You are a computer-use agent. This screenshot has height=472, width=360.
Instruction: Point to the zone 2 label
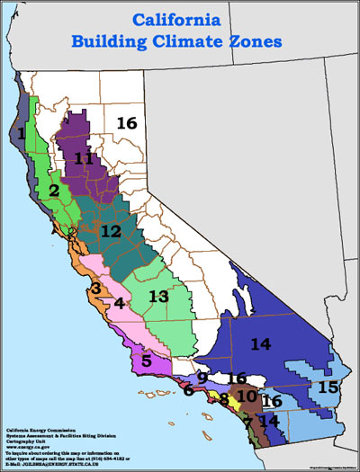pos(54,191)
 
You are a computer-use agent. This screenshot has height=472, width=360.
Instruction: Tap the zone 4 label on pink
pos(119,304)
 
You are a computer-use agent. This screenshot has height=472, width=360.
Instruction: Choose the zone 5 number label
pos(146,361)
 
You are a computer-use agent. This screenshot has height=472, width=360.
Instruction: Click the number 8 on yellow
pos(223,398)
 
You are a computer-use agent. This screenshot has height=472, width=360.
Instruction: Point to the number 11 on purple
pos(85,158)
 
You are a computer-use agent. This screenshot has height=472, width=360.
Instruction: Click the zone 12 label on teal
pos(111,231)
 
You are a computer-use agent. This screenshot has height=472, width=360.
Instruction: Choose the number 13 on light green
pos(158,296)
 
